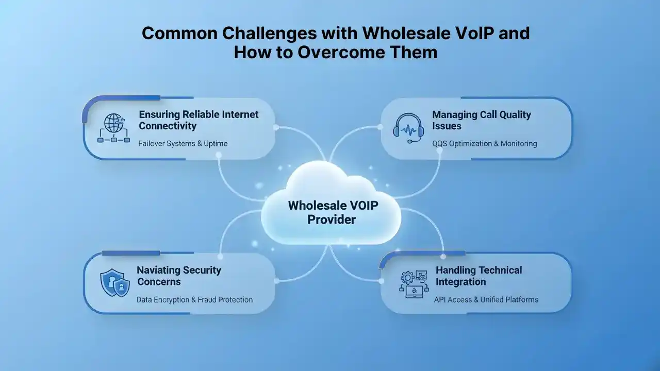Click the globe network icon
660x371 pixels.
click(114, 128)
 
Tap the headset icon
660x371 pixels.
click(408, 128)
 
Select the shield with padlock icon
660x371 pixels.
click(114, 283)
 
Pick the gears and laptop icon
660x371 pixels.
click(413, 283)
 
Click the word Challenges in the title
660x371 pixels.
click(264, 33)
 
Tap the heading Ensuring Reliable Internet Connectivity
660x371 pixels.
click(199, 120)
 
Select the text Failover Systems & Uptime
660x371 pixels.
click(183, 143)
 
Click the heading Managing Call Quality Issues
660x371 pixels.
click(481, 120)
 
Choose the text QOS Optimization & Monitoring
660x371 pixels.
click(485, 143)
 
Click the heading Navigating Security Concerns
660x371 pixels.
click(179, 276)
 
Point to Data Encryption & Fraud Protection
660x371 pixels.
click(194, 299)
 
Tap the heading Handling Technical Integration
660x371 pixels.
click(478, 276)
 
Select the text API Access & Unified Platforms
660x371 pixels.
click(486, 299)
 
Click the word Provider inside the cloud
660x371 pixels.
click(332, 219)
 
